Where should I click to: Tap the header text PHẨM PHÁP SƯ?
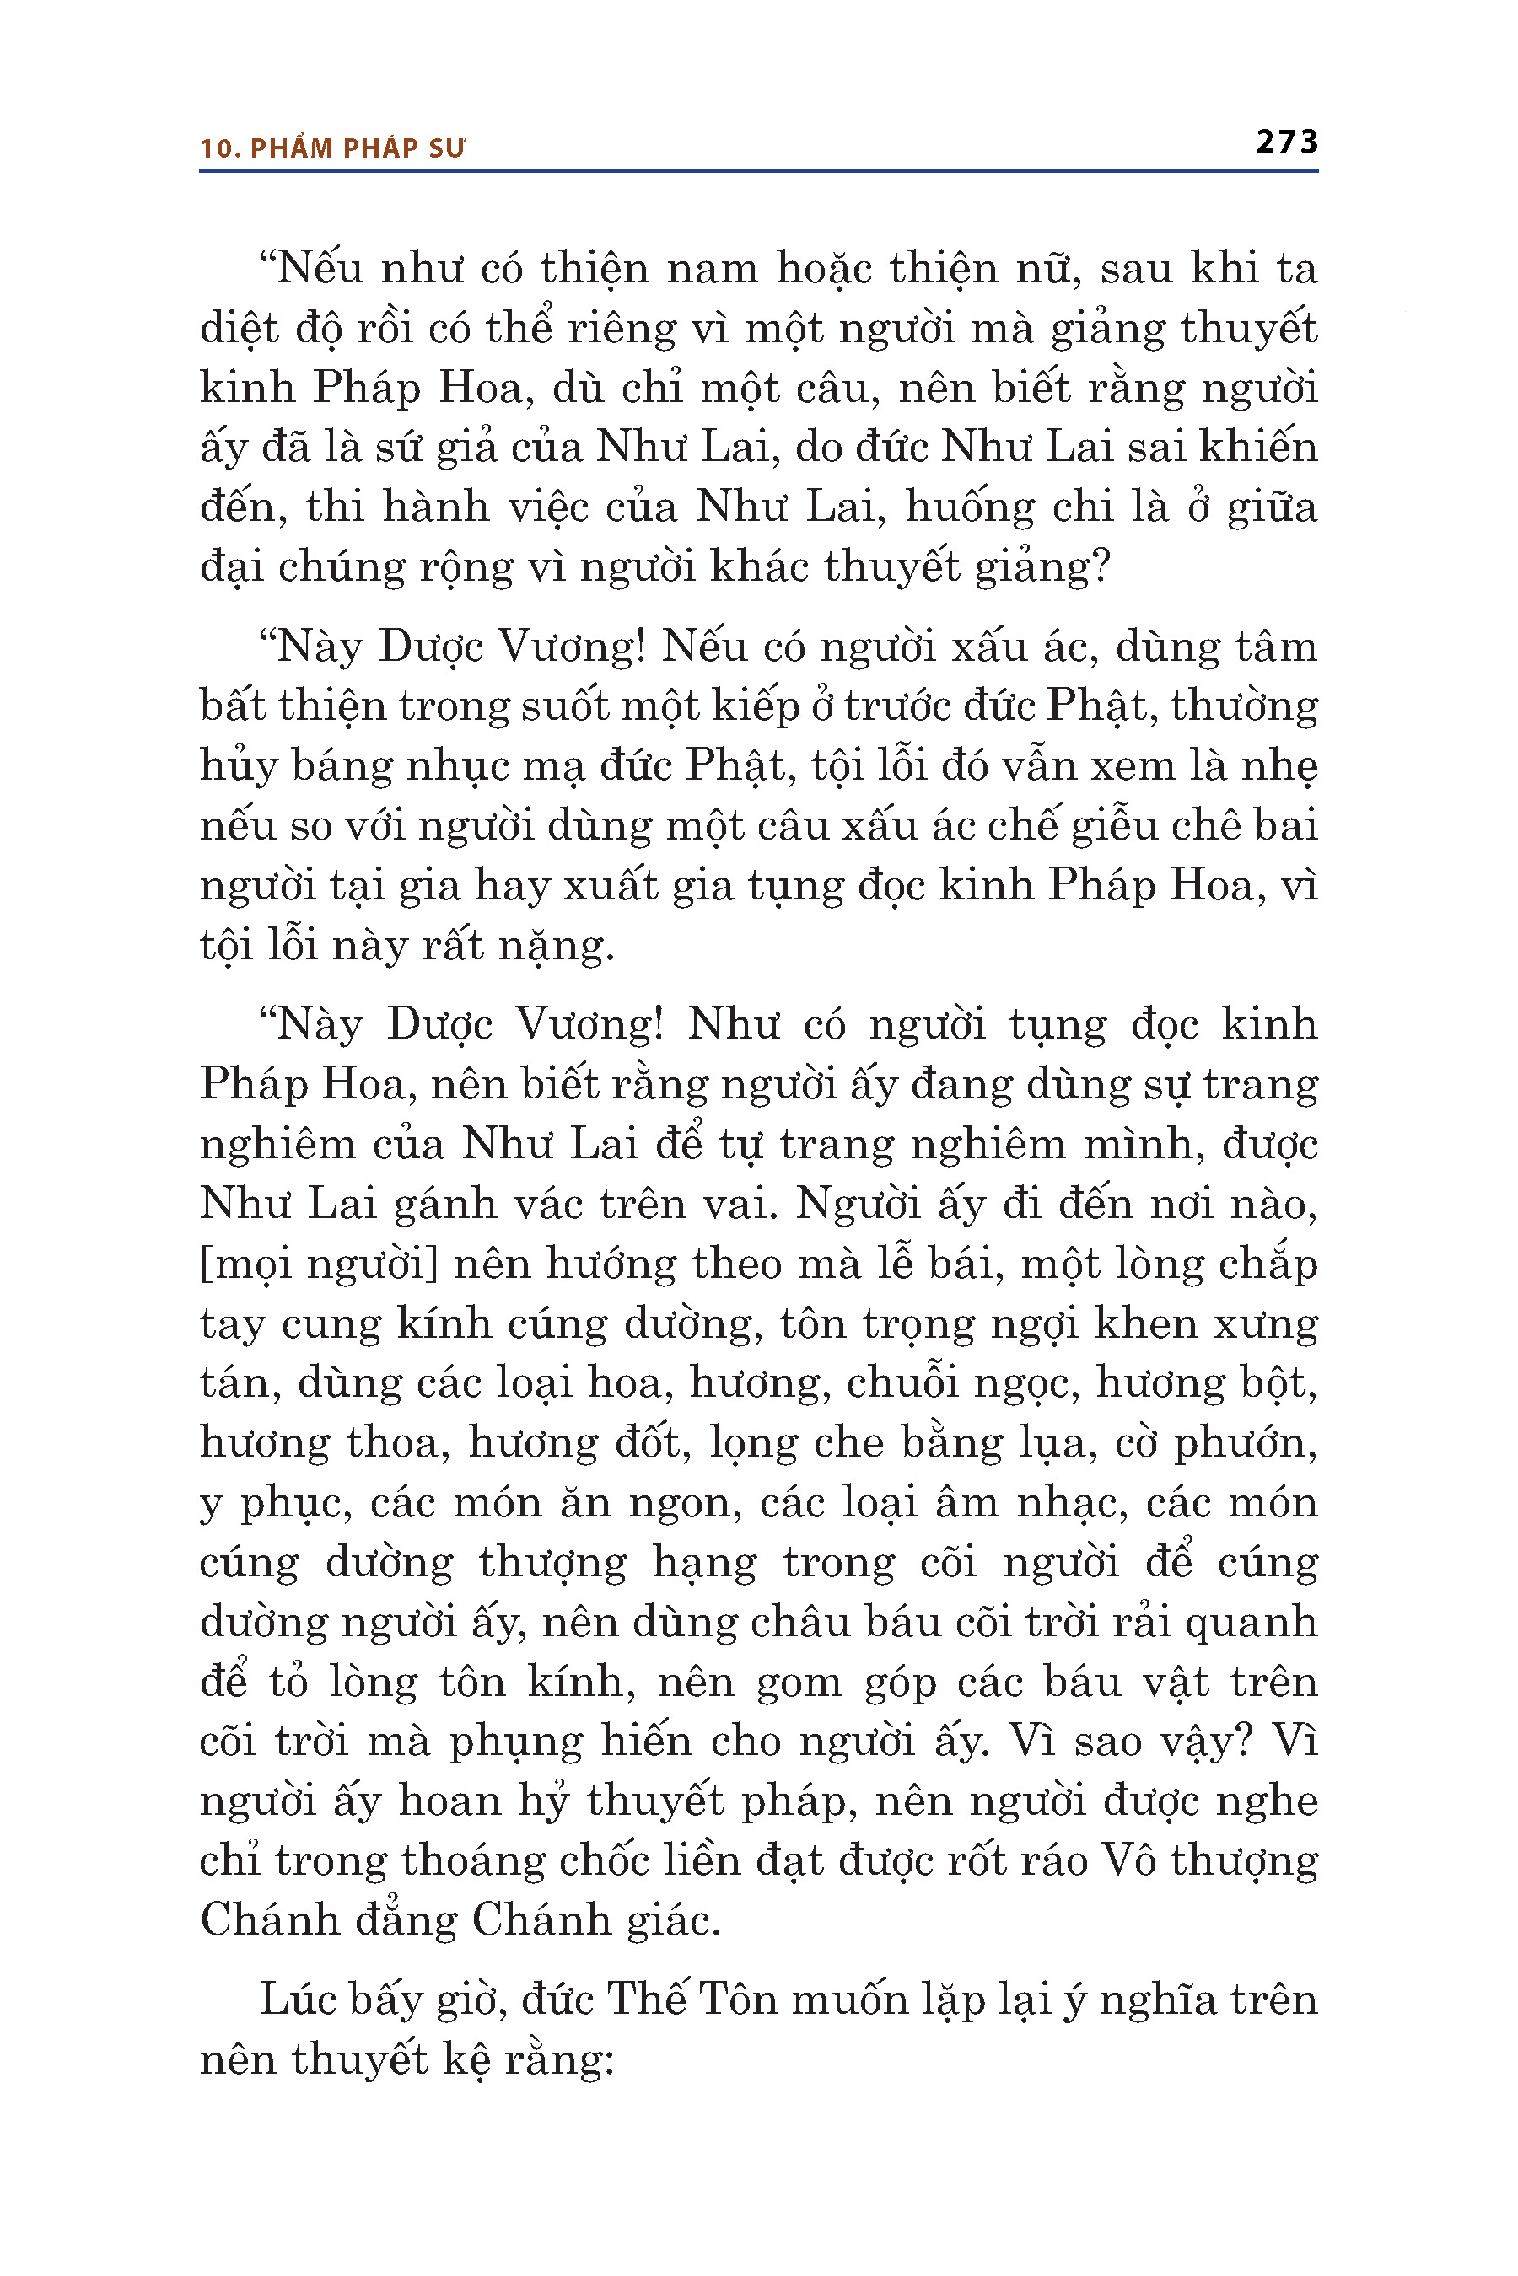click(x=358, y=148)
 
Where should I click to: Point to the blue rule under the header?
click(x=758, y=171)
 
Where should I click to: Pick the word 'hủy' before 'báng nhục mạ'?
click(x=235, y=767)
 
